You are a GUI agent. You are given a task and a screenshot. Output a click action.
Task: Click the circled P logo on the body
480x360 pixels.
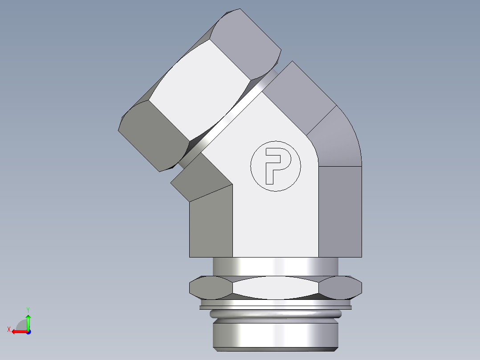pyautogui.click(x=276, y=166)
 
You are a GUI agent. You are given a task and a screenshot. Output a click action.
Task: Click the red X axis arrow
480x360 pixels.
pyautogui.click(x=18, y=331)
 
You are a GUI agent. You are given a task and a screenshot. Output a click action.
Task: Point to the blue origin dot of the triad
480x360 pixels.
pyautogui.click(x=28, y=331)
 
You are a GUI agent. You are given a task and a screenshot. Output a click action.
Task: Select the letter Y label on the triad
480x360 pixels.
pyautogui.click(x=28, y=309)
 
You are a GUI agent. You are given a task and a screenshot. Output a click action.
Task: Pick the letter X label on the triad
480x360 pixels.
pyautogui.click(x=8, y=329)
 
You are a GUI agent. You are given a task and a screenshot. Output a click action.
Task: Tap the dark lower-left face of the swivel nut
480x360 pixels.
pyautogui.click(x=154, y=136)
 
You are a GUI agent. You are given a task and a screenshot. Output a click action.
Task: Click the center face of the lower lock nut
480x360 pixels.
pyautogui.click(x=276, y=287)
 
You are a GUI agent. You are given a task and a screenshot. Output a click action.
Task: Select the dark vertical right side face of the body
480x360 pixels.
pyautogui.click(x=340, y=212)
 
